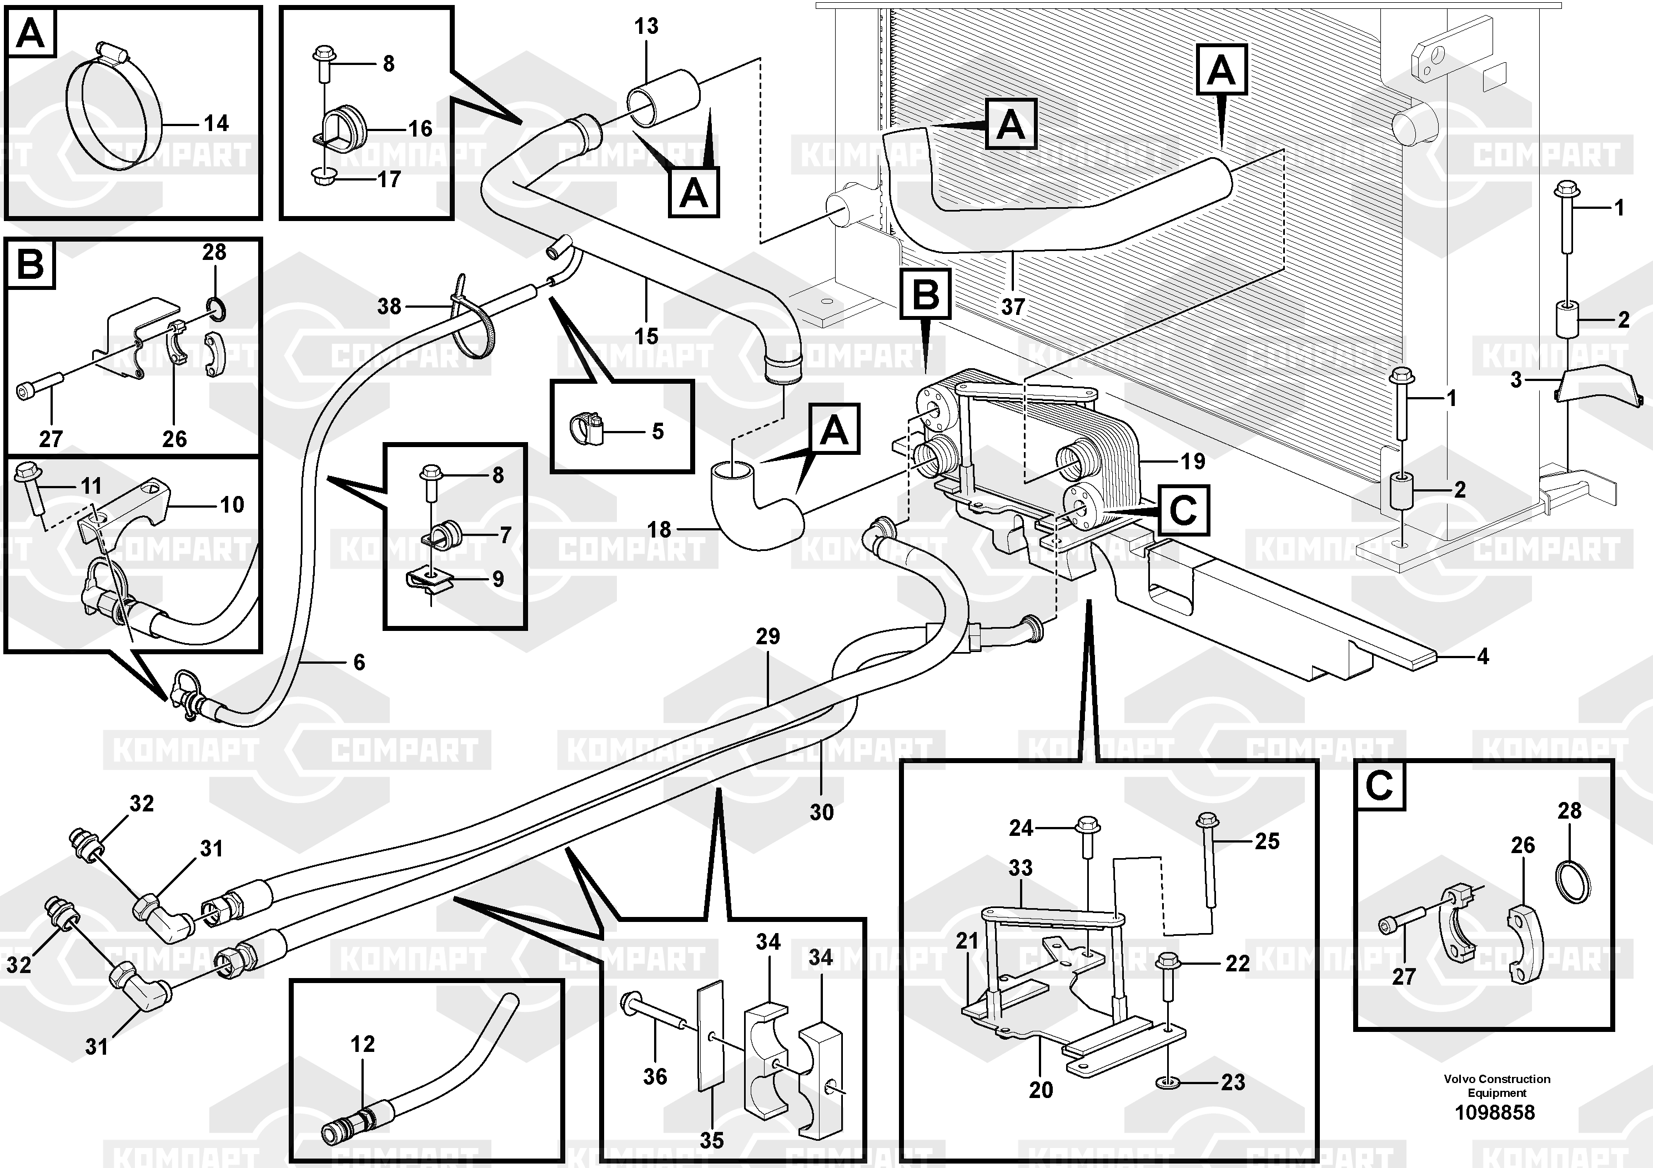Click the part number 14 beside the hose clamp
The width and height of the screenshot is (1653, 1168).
point(216,123)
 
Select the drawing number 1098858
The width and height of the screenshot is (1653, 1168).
point(1495,1112)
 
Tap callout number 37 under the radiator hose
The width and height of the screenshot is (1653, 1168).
point(1012,307)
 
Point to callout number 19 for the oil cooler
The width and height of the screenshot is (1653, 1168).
point(1193,461)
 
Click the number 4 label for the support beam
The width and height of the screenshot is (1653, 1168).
point(1483,656)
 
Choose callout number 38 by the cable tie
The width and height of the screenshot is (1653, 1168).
point(389,306)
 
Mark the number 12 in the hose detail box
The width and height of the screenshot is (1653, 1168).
point(363,1044)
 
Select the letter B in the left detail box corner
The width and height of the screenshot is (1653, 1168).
point(30,264)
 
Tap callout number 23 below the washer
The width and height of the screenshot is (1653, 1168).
point(1233,1081)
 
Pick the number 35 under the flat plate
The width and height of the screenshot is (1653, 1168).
point(711,1140)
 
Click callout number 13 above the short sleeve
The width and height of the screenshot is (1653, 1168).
point(646,27)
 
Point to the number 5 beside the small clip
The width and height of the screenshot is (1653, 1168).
point(657,432)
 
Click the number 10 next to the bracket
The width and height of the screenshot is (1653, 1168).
point(232,504)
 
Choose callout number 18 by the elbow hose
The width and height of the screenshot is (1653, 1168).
point(659,530)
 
